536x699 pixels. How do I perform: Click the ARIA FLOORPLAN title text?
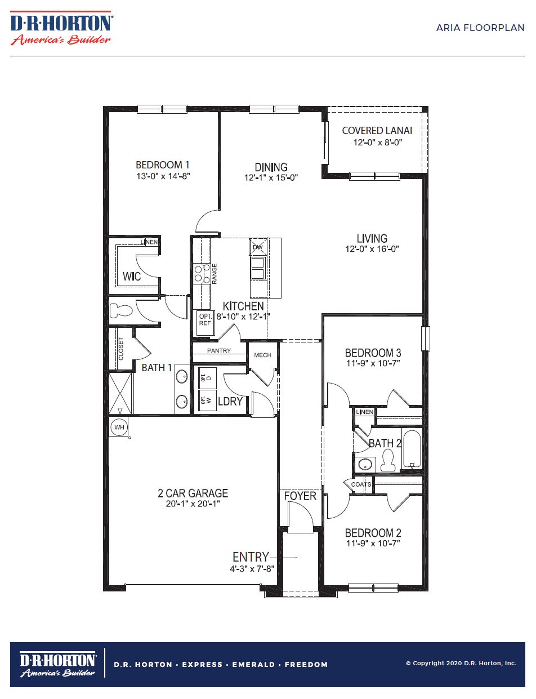tap(480, 28)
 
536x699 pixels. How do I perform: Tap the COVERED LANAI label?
tap(377, 131)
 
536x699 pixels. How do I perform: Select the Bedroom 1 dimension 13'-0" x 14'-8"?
tap(163, 176)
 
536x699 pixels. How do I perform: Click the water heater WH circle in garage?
tap(119, 427)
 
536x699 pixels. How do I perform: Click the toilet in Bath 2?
tap(387, 460)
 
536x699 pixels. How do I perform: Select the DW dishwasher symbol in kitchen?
tap(257, 247)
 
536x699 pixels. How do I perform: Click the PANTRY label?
tap(219, 351)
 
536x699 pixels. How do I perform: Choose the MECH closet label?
tap(262, 355)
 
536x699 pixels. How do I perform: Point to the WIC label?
tap(132, 277)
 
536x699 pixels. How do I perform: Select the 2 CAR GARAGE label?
tap(193, 493)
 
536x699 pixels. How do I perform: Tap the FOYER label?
tap(300, 496)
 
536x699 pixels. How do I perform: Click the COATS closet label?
tap(361, 484)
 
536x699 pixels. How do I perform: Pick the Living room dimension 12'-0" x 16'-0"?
tap(372, 249)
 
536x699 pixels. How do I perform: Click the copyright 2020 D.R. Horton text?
tap(461, 664)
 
